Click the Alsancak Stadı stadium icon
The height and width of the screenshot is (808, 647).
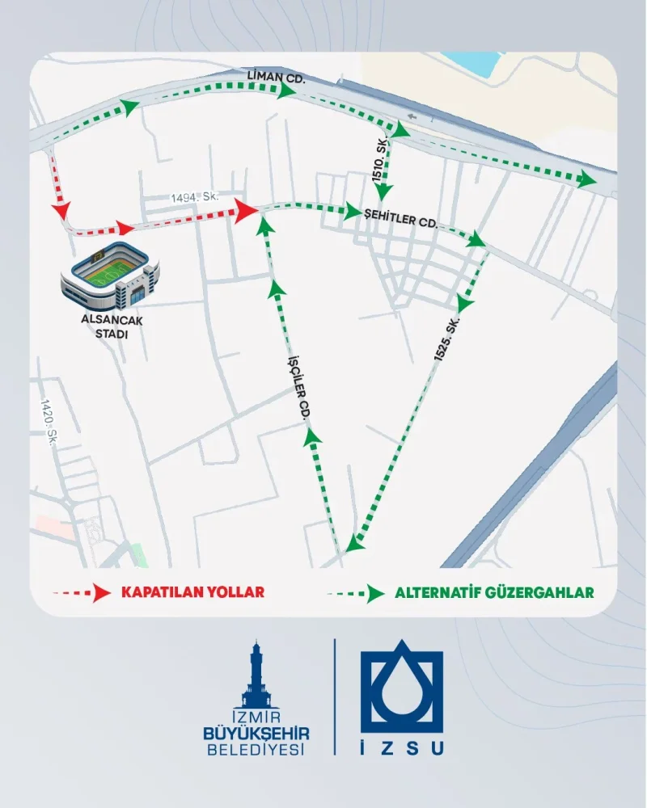[110, 276]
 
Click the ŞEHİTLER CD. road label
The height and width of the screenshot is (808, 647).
[401, 220]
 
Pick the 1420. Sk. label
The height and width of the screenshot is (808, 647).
[49, 417]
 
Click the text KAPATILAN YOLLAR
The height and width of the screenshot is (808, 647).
[192, 592]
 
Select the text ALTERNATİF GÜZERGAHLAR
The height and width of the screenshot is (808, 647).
[494, 592]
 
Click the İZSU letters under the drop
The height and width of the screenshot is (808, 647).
[402, 748]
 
